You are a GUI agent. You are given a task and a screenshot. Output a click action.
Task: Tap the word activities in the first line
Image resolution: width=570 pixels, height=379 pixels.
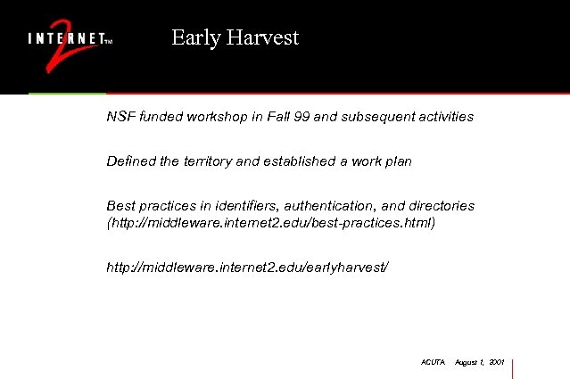point(443,117)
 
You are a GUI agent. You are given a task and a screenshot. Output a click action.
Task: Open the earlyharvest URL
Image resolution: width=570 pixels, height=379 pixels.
point(248,267)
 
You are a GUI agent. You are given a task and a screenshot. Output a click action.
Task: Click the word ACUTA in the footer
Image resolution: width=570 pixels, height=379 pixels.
point(433,364)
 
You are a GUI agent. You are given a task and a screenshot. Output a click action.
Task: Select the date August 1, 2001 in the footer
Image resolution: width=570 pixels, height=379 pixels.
point(480,364)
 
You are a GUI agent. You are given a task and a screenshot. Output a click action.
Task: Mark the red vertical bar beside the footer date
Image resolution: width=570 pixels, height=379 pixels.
point(513,367)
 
